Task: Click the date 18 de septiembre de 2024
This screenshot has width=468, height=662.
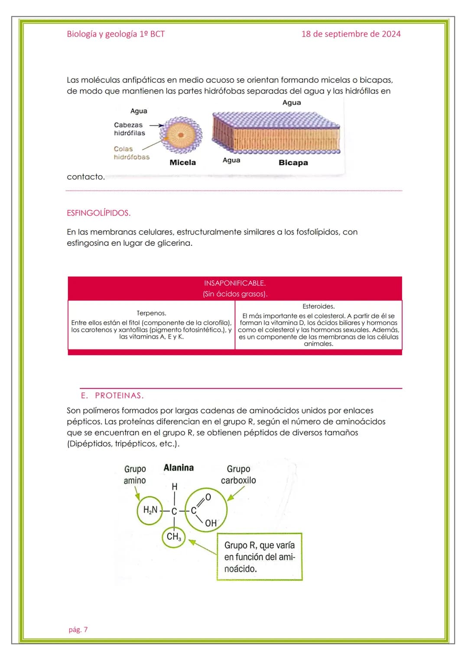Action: tap(351, 34)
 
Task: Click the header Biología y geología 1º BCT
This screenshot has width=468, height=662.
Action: tap(116, 34)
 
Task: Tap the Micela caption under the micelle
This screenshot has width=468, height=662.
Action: tap(182, 163)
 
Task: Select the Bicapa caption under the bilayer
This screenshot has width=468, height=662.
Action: tap(293, 163)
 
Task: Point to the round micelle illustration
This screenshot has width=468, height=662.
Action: tap(181, 135)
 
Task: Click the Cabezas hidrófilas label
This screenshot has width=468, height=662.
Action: tap(129, 129)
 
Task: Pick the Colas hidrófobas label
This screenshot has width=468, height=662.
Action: tap(131, 153)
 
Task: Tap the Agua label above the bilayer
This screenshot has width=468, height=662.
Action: tap(291, 103)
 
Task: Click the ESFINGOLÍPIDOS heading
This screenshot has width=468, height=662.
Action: tap(98, 213)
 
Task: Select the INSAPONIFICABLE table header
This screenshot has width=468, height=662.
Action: tap(234, 283)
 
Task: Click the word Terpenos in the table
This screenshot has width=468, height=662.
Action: tap(151, 313)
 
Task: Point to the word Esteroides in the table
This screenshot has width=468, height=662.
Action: tap(318, 307)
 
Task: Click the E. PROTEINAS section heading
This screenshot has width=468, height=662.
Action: tap(112, 395)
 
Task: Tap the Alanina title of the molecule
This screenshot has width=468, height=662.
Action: tap(179, 468)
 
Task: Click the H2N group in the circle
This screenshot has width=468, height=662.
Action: tap(150, 510)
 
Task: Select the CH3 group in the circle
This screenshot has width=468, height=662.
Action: tap(174, 537)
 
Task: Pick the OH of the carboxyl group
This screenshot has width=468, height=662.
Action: tap(211, 523)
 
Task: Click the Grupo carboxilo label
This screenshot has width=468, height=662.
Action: tap(238, 475)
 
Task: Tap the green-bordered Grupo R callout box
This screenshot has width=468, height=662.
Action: tap(259, 557)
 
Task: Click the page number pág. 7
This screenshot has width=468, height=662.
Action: tap(78, 629)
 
